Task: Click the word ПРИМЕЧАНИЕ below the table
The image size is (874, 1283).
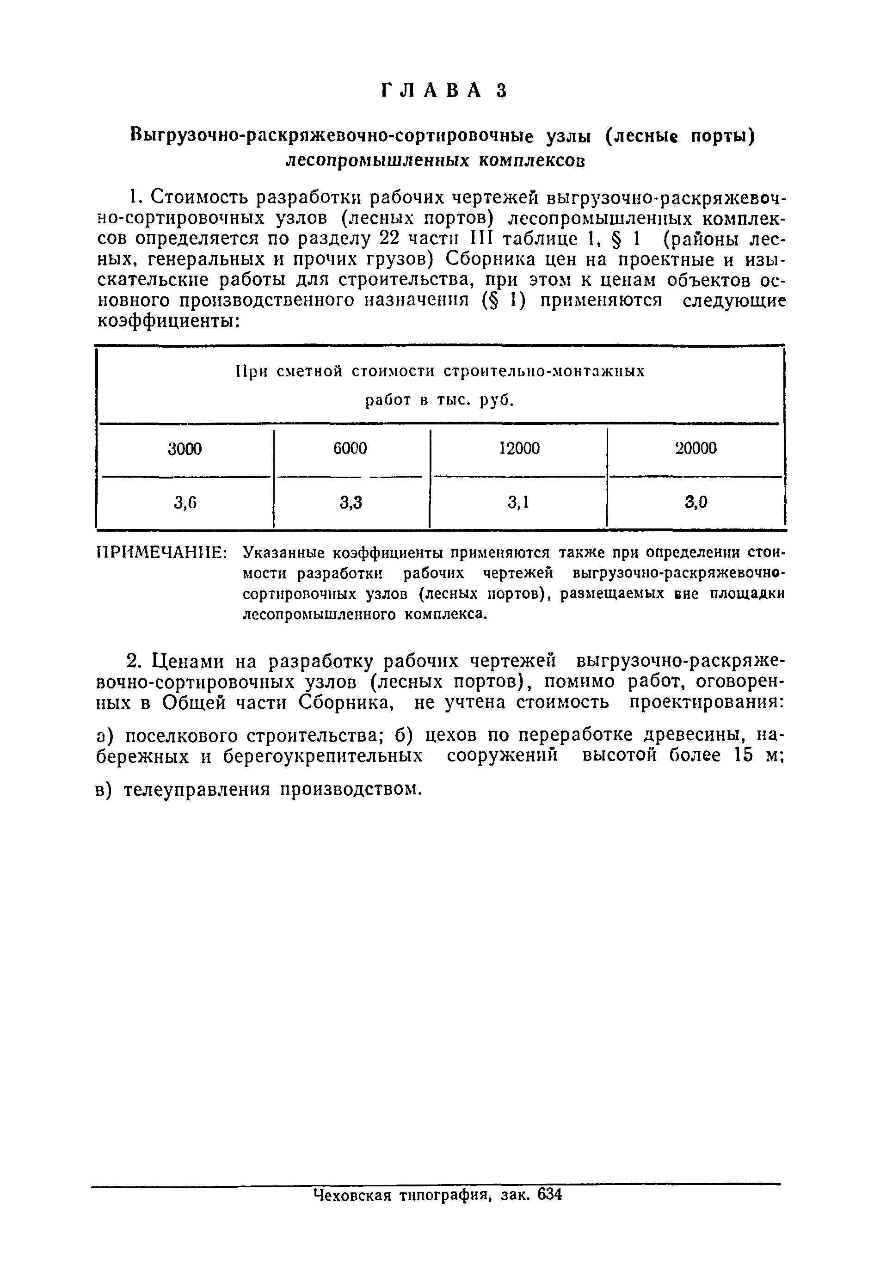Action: click(162, 552)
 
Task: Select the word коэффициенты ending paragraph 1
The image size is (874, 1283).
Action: click(168, 321)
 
